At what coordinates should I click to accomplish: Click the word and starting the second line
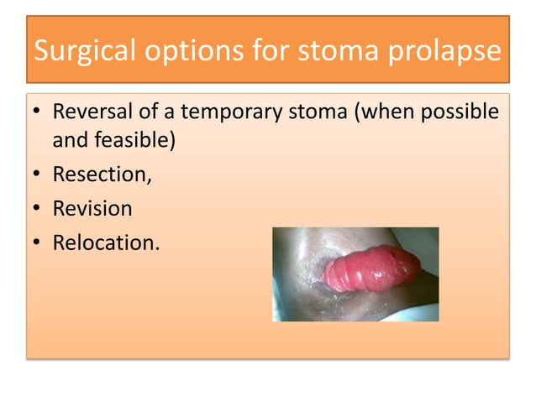(70, 140)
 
